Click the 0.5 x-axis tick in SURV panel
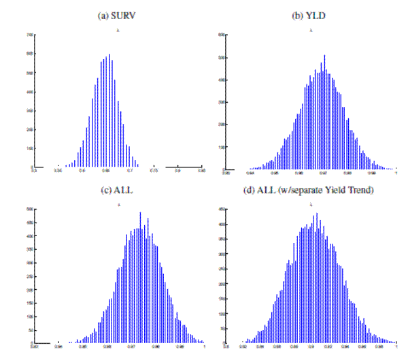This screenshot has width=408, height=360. (34, 171)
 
